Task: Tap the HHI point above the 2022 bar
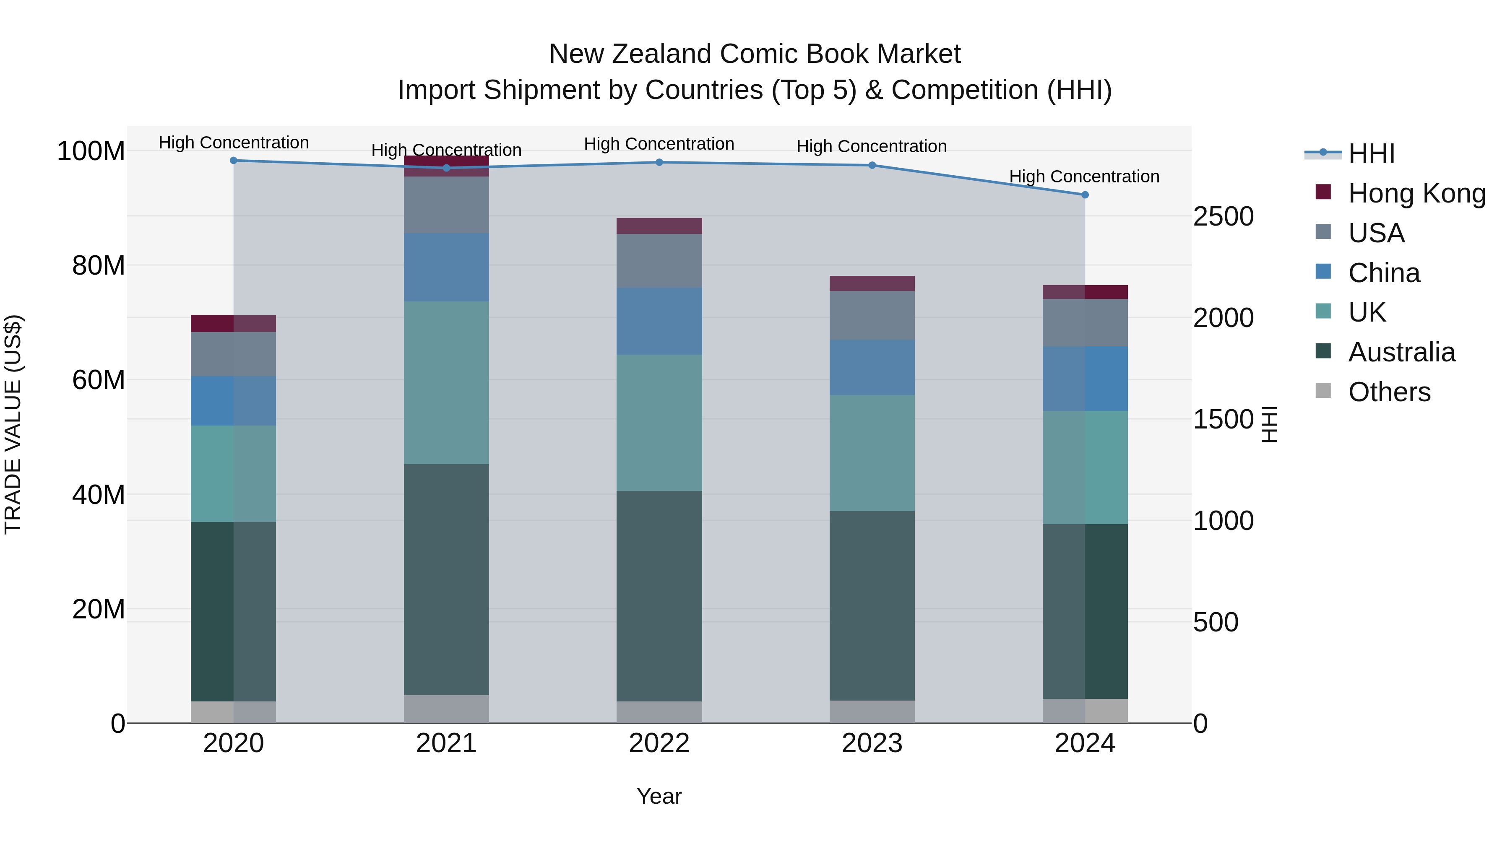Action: coord(659,162)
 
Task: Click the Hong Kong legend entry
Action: coord(1416,193)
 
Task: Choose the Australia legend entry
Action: coord(1401,352)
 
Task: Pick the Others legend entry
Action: coord(1389,392)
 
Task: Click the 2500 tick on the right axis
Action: coord(1224,216)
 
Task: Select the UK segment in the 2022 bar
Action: coord(659,423)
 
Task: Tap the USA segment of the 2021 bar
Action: coord(446,205)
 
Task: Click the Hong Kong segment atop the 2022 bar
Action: coord(659,226)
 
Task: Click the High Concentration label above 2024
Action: coord(1084,177)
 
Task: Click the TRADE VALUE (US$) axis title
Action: coord(13,424)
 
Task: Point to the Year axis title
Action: coord(659,796)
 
